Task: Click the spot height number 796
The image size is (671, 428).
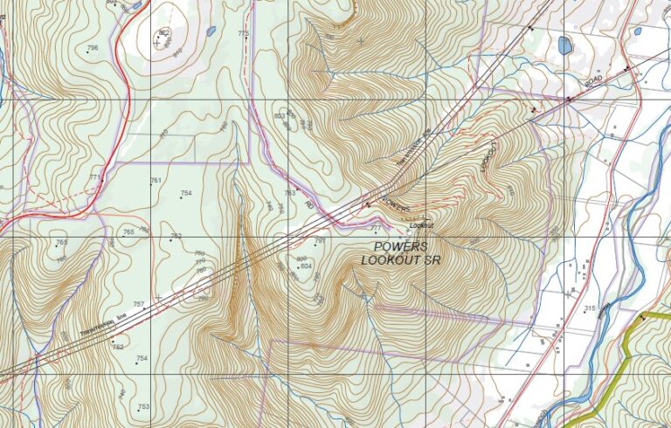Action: tap(93, 47)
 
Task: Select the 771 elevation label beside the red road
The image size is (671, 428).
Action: tap(94, 177)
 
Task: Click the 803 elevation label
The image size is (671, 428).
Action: tap(280, 115)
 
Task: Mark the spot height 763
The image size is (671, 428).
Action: tap(289, 193)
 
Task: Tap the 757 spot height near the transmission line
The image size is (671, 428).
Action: tap(138, 304)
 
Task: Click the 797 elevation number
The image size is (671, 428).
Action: tap(320, 240)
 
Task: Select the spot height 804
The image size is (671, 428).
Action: tap(306, 266)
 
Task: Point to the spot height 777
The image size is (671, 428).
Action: tap(377, 228)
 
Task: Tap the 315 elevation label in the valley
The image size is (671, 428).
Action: tap(590, 308)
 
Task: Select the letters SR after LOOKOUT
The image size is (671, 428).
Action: tap(431, 260)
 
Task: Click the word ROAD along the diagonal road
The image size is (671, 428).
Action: tap(594, 79)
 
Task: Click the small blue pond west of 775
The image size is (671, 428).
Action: tap(211, 31)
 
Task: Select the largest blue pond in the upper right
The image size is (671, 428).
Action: tap(564, 45)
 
